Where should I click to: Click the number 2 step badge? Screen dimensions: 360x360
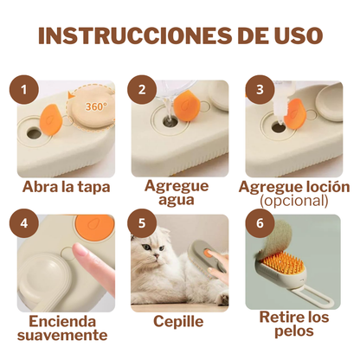(141, 89)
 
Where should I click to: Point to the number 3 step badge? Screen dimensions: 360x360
(254, 89)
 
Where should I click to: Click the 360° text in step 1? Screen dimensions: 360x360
(96, 107)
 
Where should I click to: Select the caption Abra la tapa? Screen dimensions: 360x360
(66, 186)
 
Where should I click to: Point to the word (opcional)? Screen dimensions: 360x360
(293, 201)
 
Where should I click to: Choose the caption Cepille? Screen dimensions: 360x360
(178, 320)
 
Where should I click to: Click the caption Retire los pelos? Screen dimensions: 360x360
(294, 325)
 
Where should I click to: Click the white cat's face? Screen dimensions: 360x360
(157, 260)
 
